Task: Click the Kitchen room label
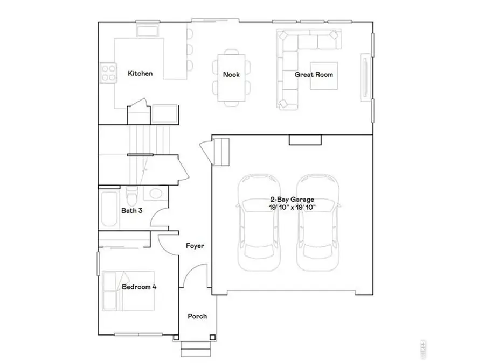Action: pyautogui.click(x=140, y=74)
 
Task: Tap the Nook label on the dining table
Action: pyautogui.click(x=231, y=75)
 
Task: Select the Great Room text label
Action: pyautogui.click(x=314, y=75)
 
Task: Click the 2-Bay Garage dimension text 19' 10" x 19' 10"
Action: pyautogui.click(x=292, y=207)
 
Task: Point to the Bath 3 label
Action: pyautogui.click(x=131, y=211)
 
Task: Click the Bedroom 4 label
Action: pyautogui.click(x=139, y=287)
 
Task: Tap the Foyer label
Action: pyautogui.click(x=195, y=246)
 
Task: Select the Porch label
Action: pyautogui.click(x=197, y=316)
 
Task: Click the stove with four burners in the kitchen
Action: pyautogui.click(x=108, y=73)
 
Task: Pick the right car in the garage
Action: pyautogui.click(x=318, y=222)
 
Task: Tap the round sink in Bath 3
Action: pyautogui.click(x=155, y=194)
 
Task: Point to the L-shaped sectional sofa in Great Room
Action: pyautogui.click(x=288, y=59)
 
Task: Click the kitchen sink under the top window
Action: pyautogui.click(x=147, y=30)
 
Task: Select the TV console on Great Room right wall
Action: pyautogui.click(x=366, y=76)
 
